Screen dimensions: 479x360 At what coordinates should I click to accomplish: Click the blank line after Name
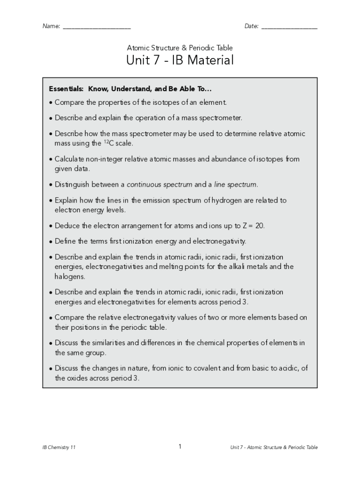[97, 28]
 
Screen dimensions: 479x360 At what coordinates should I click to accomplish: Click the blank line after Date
[289, 28]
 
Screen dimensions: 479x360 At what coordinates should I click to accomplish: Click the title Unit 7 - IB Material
[180, 61]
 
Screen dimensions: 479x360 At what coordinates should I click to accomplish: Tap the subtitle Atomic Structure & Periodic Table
[180, 48]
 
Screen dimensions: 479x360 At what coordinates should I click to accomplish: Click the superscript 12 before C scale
[106, 141]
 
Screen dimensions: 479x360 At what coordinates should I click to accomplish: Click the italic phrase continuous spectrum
[159, 184]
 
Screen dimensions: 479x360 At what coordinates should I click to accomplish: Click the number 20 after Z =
[259, 225]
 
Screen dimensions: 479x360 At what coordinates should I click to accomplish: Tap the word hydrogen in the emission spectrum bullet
[230, 200]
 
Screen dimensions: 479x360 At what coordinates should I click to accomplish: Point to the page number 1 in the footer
[180, 447]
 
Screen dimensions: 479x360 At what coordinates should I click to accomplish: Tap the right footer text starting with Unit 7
[274, 448]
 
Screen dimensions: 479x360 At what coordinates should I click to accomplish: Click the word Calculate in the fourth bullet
[70, 159]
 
